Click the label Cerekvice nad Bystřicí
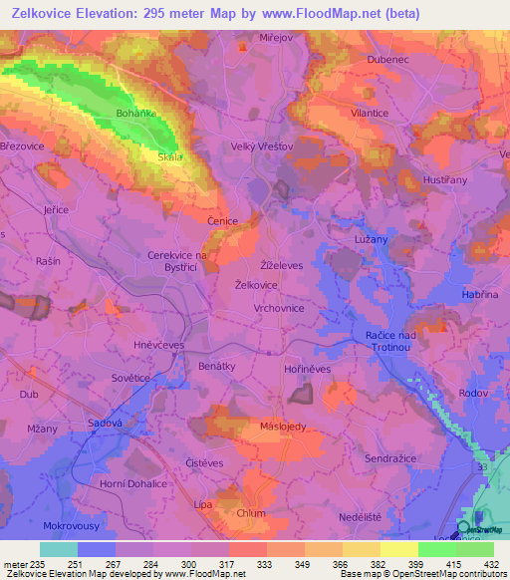coord(177,261)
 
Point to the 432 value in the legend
coord(491,565)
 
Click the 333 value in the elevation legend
coord(266,565)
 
